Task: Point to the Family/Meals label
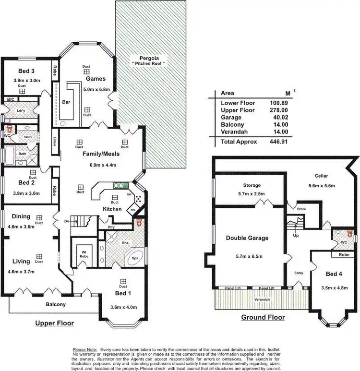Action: pyautogui.click(x=101, y=154)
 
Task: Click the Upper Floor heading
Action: pyautogui.click(x=55, y=323)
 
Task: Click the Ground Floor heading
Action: pyautogui.click(x=263, y=317)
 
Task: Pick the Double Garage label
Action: pyautogui.click(x=247, y=238)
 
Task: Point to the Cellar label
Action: pyautogui.click(x=321, y=176)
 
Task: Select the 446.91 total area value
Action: pyautogui.click(x=277, y=142)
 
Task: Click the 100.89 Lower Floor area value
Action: pyautogui.click(x=277, y=103)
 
